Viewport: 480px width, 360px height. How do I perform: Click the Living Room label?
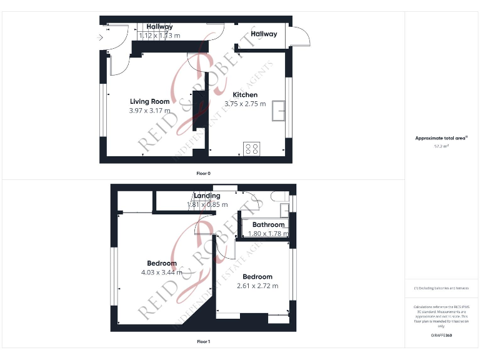[x=149, y=101]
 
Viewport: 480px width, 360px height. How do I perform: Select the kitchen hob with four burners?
[x=252, y=148]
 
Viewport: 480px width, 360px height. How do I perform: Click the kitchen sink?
[x=279, y=111]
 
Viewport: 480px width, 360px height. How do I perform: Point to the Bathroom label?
[x=269, y=224]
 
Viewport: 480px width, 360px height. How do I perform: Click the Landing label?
[x=207, y=196]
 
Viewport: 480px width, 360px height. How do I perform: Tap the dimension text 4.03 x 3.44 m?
[x=162, y=272]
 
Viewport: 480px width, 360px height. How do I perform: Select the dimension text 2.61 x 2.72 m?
[x=257, y=286]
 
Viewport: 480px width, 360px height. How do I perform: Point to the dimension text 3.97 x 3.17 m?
[x=149, y=111]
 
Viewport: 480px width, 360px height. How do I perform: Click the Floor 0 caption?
[x=204, y=172]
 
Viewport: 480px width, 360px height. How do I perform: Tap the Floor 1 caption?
[x=204, y=342]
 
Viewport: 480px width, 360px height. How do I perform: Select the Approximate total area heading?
[x=441, y=138]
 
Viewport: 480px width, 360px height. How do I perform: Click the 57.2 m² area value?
[x=441, y=146]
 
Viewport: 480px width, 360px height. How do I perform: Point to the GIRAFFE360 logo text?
[x=441, y=336]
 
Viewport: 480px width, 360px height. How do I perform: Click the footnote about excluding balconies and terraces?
[x=441, y=288]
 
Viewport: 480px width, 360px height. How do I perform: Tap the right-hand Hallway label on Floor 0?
[x=264, y=34]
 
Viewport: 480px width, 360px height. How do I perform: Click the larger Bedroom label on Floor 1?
[x=162, y=263]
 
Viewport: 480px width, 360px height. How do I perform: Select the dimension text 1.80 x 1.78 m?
[x=268, y=234]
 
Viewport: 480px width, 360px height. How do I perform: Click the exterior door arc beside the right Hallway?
[x=302, y=37]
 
